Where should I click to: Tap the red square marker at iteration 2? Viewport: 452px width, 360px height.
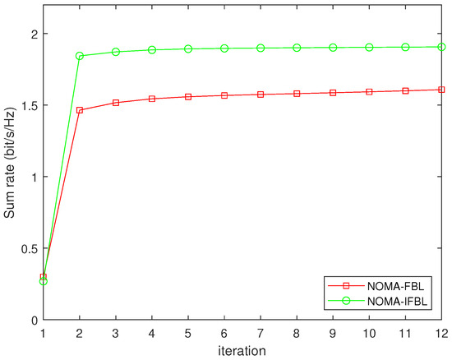point(80,110)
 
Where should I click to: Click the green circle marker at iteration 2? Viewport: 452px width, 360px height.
point(80,56)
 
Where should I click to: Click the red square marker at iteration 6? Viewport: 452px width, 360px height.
point(224,95)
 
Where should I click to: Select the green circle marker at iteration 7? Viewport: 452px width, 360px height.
point(261,48)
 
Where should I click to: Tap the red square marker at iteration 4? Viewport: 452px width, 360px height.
point(152,99)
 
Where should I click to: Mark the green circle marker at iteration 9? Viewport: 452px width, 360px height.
point(333,48)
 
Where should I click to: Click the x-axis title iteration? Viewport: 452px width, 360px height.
point(242,350)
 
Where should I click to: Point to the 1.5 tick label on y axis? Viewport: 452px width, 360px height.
point(26,105)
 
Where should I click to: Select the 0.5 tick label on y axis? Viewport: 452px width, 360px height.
point(26,248)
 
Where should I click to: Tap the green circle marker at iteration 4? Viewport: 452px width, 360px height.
point(152,50)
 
